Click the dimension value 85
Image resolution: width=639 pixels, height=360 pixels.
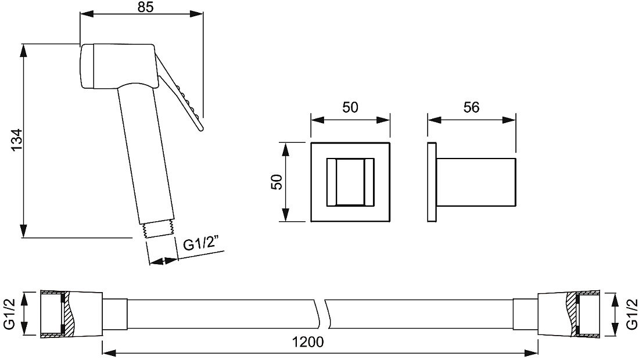click(145, 7)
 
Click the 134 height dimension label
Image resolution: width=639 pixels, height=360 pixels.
click(17, 141)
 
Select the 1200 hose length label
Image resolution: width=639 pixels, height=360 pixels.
click(308, 341)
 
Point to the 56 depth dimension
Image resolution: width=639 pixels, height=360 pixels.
click(471, 107)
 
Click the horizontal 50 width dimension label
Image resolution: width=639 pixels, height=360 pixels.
click(350, 107)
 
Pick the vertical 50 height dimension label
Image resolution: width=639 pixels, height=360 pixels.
click(277, 182)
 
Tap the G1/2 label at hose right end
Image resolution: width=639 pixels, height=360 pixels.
click(631, 313)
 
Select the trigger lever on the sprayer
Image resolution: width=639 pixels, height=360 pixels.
click(180, 93)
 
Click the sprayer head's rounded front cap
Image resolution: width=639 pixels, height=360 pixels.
click(87, 66)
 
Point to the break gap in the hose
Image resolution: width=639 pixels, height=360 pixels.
click(322, 314)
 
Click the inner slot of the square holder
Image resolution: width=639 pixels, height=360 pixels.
click(350, 182)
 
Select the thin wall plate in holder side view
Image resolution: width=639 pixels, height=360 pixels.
click(432, 182)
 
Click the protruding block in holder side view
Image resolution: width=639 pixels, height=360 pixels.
click(476, 182)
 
